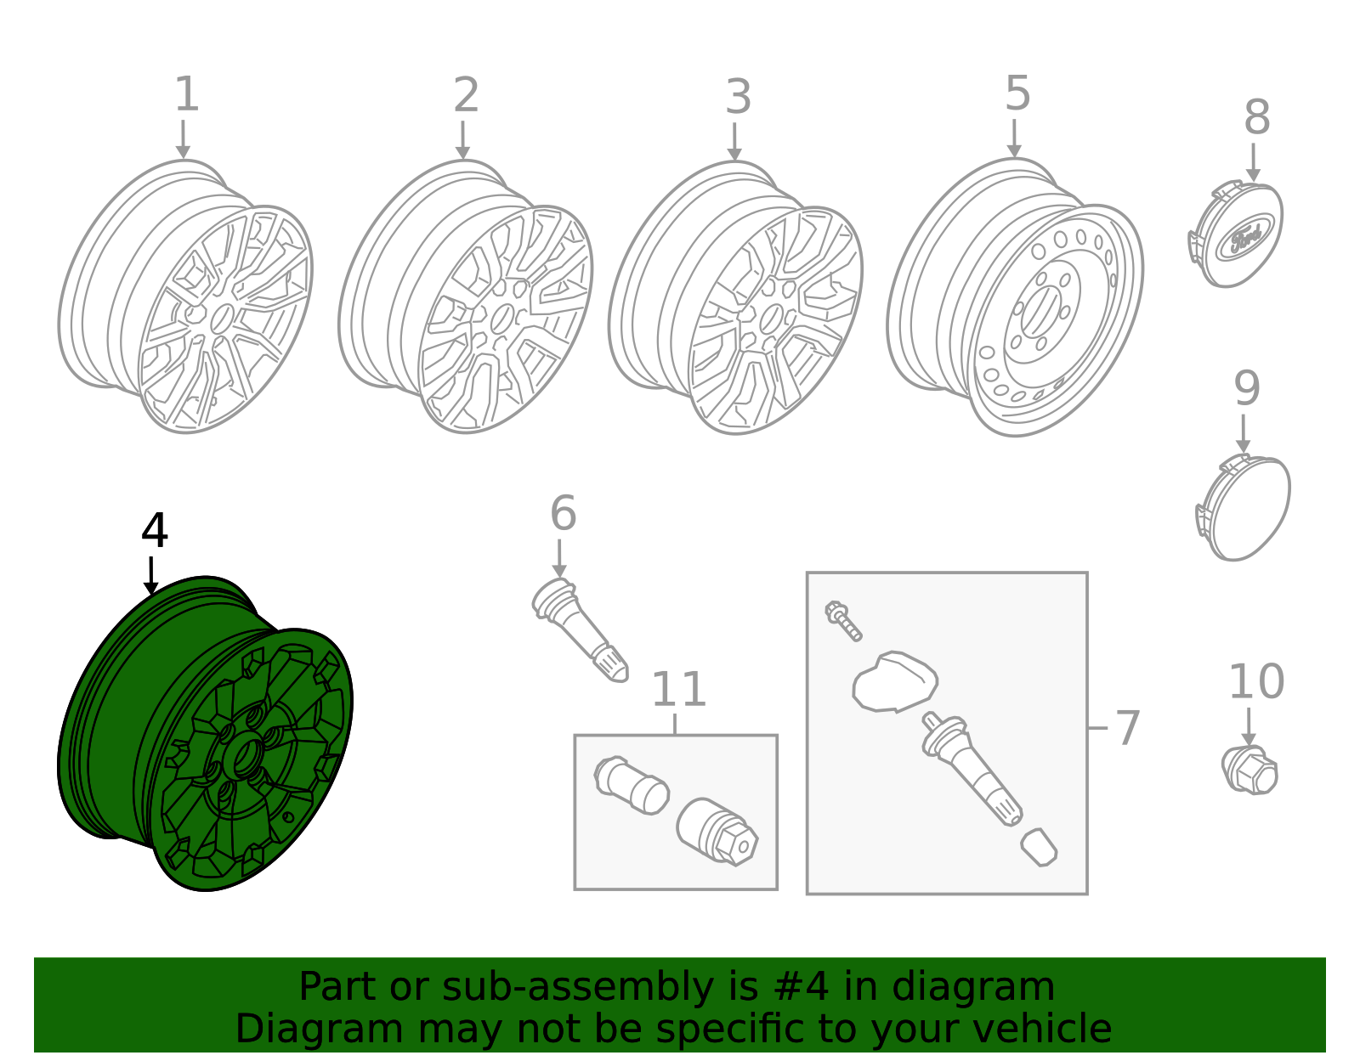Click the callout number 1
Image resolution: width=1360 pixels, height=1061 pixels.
(x=186, y=94)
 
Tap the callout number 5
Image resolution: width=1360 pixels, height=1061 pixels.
(x=1017, y=93)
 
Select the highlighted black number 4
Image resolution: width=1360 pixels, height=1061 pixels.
(x=154, y=531)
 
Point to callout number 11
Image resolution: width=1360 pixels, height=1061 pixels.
(x=678, y=689)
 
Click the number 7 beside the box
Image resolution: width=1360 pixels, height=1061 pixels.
(x=1126, y=728)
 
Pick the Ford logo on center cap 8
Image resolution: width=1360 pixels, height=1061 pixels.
(x=1245, y=239)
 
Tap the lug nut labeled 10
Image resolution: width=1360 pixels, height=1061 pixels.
(x=1250, y=770)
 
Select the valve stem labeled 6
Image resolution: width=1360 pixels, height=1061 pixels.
(x=581, y=629)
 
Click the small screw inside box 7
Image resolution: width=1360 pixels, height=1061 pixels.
(x=842, y=620)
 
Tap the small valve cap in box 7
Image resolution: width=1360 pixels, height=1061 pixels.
(x=1039, y=847)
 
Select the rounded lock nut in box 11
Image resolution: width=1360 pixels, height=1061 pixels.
(x=632, y=784)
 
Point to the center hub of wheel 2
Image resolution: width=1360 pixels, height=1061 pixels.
(x=501, y=319)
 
